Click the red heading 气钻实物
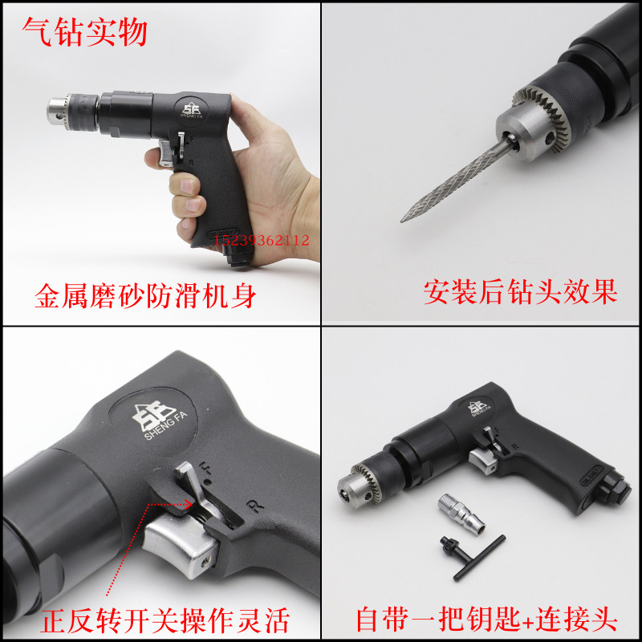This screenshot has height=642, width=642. (85, 32)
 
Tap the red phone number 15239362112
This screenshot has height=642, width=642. (262, 240)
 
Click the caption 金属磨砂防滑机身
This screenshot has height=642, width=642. (145, 295)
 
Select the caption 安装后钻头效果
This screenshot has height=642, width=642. (520, 292)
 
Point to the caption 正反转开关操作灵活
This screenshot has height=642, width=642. (165, 620)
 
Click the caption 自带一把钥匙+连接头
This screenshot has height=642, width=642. (487, 619)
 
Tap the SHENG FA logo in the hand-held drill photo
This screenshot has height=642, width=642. (192, 110)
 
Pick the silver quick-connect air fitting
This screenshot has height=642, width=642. (461, 514)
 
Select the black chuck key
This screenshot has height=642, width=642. (473, 556)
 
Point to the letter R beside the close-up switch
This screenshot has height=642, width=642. (255, 506)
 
